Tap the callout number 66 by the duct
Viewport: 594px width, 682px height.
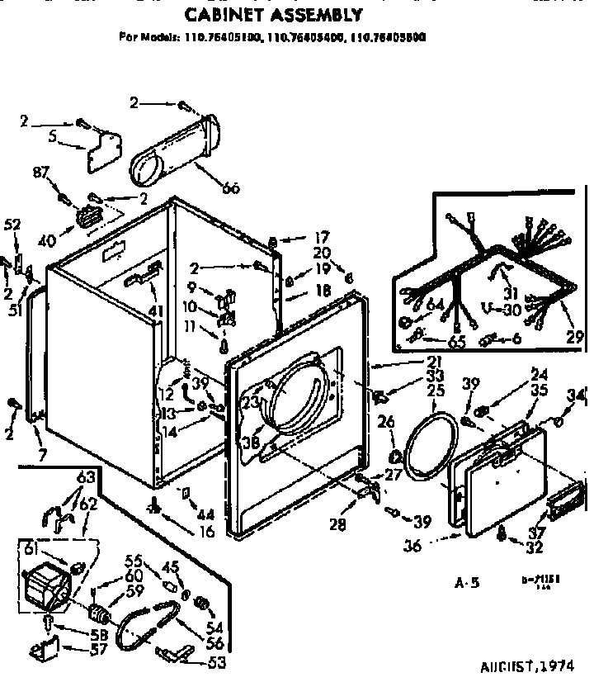[230, 189]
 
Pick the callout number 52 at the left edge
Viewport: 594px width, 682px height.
[12, 224]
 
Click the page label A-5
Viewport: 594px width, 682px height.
[467, 583]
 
